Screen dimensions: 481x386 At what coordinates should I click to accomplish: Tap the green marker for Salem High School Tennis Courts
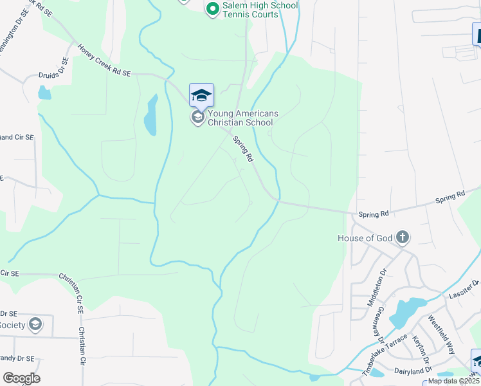(x=213, y=9)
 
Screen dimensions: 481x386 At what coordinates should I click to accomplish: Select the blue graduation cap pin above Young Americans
(x=201, y=95)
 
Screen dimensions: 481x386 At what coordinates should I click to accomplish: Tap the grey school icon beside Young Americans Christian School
(x=197, y=118)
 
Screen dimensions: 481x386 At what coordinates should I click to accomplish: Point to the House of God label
(x=365, y=238)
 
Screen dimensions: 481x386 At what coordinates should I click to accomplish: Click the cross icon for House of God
(x=403, y=238)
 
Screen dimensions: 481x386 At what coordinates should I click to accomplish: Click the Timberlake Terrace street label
(x=385, y=354)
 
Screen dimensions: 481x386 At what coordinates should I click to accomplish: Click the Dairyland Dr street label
(x=412, y=371)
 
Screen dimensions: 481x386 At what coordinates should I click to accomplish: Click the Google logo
(x=21, y=378)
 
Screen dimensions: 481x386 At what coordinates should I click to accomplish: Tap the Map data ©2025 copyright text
(x=453, y=381)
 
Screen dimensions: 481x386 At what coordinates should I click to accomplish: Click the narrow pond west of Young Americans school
(x=150, y=116)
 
